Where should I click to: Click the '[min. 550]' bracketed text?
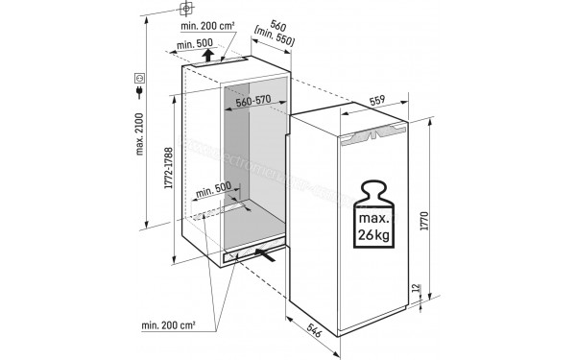273,40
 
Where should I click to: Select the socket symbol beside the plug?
141,75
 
